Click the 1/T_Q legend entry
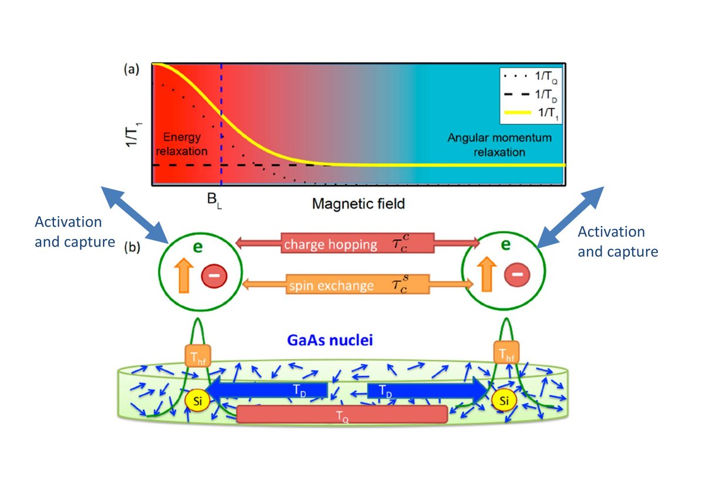click(x=531, y=77)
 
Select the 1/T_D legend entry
click(x=531, y=95)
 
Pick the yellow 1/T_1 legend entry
click(x=531, y=113)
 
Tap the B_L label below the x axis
click(x=214, y=201)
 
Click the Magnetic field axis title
click(x=358, y=204)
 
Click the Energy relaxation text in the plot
click(x=182, y=144)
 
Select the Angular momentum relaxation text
click(x=499, y=145)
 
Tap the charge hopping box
click(x=358, y=243)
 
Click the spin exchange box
click(x=358, y=284)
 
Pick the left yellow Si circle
click(x=197, y=401)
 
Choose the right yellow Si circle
click(x=504, y=401)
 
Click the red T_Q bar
click(x=342, y=415)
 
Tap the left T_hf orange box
click(x=197, y=356)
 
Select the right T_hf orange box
click(x=506, y=352)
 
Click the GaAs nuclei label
click(x=330, y=340)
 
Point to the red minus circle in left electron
click(x=214, y=276)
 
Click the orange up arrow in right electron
click(x=486, y=274)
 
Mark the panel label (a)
click(x=132, y=69)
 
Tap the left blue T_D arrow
click(x=267, y=391)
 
